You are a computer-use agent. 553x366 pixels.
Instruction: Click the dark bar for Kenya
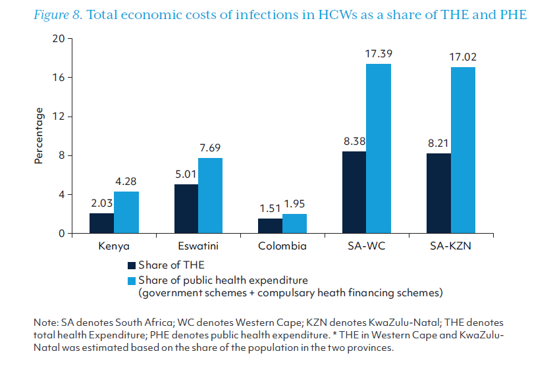[101, 223]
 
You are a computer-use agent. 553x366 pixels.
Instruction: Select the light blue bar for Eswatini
[211, 196]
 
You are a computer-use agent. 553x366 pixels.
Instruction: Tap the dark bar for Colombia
[270, 226]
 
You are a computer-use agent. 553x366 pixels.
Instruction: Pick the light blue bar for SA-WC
[379, 149]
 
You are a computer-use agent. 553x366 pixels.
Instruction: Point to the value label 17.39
[379, 51]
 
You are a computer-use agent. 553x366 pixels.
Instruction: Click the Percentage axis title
[39, 136]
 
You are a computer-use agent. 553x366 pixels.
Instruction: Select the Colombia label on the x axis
[282, 246]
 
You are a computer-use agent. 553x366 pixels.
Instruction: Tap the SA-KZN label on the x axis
[450, 246]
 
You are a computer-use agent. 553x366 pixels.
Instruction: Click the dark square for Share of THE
[132, 266]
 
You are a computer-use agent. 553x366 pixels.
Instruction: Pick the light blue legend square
[132, 280]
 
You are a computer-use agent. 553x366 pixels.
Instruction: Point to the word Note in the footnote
[44, 323]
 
